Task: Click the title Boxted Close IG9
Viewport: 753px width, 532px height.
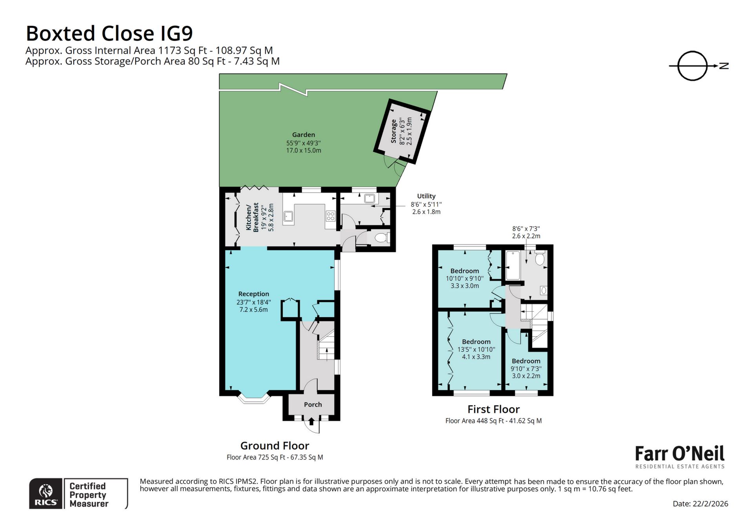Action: click(x=109, y=33)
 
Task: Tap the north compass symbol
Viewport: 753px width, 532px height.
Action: click(x=693, y=66)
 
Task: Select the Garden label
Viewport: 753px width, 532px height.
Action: click(x=303, y=134)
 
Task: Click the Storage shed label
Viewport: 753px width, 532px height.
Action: click(x=393, y=131)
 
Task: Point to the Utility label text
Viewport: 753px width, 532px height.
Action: click(x=426, y=196)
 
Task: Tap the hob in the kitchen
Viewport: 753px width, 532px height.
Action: click(x=331, y=216)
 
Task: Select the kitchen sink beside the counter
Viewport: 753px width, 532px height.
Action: click(x=289, y=216)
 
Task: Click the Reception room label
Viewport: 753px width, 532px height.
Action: click(x=253, y=294)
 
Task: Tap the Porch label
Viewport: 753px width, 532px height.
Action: click(x=313, y=405)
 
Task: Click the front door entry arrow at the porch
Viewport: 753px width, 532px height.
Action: click(x=311, y=422)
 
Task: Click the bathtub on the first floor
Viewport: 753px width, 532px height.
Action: click(x=513, y=265)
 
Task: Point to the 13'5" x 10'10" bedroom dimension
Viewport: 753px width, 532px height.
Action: click(x=476, y=349)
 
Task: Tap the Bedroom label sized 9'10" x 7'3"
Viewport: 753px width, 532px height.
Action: click(x=526, y=361)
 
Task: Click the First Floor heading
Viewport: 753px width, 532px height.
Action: click(x=493, y=409)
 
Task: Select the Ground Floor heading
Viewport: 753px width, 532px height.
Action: click(x=275, y=446)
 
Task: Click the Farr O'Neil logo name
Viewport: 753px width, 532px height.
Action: click(x=680, y=454)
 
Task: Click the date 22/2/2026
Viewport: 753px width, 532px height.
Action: click(x=700, y=504)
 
